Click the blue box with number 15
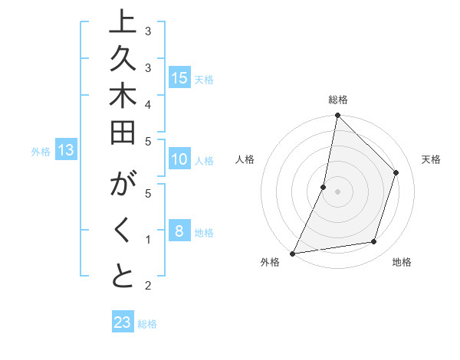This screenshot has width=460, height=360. [x=179, y=77]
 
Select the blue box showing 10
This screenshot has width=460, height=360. [x=179, y=159]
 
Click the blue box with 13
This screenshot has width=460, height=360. [x=66, y=150]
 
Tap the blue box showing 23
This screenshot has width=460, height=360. [x=123, y=322]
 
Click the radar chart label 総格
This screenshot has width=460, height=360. [x=337, y=100]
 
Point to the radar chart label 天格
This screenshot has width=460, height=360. [x=431, y=159]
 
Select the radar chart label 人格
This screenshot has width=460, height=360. [x=245, y=159]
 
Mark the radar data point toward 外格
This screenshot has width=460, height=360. [x=292, y=253]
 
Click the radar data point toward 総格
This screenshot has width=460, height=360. [x=337, y=116]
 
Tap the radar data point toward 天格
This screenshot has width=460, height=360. [x=396, y=172]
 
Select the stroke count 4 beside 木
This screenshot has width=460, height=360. [x=147, y=103]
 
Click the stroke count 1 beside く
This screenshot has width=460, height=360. [x=147, y=239]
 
